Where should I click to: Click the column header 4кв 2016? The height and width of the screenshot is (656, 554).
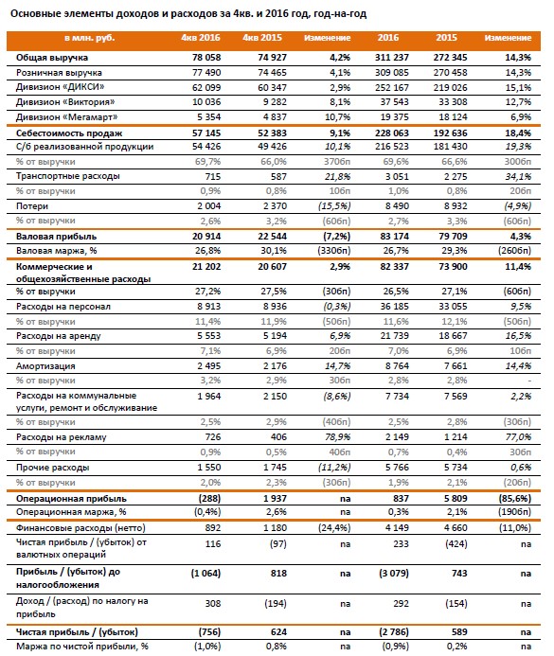pyautogui.click(x=201, y=38)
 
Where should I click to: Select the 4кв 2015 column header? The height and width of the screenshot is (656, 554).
pyautogui.click(x=262, y=38)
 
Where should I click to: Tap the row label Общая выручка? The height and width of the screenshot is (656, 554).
pyautogui.click(x=52, y=58)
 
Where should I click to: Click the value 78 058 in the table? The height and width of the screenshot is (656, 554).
pyautogui.click(x=206, y=58)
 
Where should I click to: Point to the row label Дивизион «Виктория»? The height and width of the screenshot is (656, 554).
pyautogui.click(x=65, y=102)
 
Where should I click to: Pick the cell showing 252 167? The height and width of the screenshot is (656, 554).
pyautogui.click(x=392, y=87)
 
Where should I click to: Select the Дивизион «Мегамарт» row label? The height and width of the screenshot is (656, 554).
pyautogui.click(x=67, y=117)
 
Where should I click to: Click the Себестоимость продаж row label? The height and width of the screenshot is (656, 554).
pyautogui.click(x=69, y=133)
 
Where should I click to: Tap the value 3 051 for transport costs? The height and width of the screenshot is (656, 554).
pyautogui.click(x=397, y=177)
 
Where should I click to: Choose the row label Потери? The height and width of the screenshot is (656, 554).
pyautogui.click(x=32, y=206)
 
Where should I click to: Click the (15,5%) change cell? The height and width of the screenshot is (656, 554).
pyautogui.click(x=334, y=206)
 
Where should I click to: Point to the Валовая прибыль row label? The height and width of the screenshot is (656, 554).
pyautogui.click(x=56, y=237)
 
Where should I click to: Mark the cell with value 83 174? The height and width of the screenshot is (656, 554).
pyautogui.click(x=395, y=237)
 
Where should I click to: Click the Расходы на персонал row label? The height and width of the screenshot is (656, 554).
pyautogui.click(x=63, y=307)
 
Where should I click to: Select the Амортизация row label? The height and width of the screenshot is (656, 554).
pyautogui.click(x=45, y=366)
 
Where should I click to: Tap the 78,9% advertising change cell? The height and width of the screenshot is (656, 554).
pyautogui.click(x=338, y=437)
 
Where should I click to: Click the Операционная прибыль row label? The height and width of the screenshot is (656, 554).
pyautogui.click(x=71, y=499)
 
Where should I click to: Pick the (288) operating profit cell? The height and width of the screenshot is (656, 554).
pyautogui.click(x=207, y=499)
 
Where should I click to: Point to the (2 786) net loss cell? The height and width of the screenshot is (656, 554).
pyautogui.click(x=394, y=632)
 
